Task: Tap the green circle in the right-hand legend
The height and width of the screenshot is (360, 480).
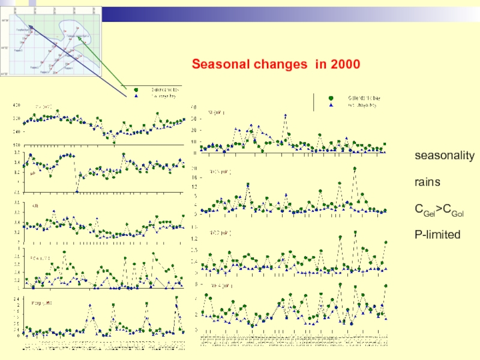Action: pos(331,98)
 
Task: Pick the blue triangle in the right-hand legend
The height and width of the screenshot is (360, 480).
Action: pos(331,105)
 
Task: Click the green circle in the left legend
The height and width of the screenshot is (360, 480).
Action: pos(136,89)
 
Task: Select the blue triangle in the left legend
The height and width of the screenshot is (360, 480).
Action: pos(136,95)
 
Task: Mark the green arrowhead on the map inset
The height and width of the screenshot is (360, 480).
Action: pos(78,37)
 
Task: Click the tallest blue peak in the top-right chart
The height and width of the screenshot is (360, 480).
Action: pos(285,115)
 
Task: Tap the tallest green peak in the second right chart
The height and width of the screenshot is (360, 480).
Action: pos(355,169)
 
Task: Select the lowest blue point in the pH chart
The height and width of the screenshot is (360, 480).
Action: pos(77,191)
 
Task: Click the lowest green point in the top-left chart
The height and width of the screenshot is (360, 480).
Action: pos(114,142)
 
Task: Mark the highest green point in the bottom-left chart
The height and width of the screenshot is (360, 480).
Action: pos(176,297)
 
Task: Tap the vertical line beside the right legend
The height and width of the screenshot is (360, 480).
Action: pos(313,102)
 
